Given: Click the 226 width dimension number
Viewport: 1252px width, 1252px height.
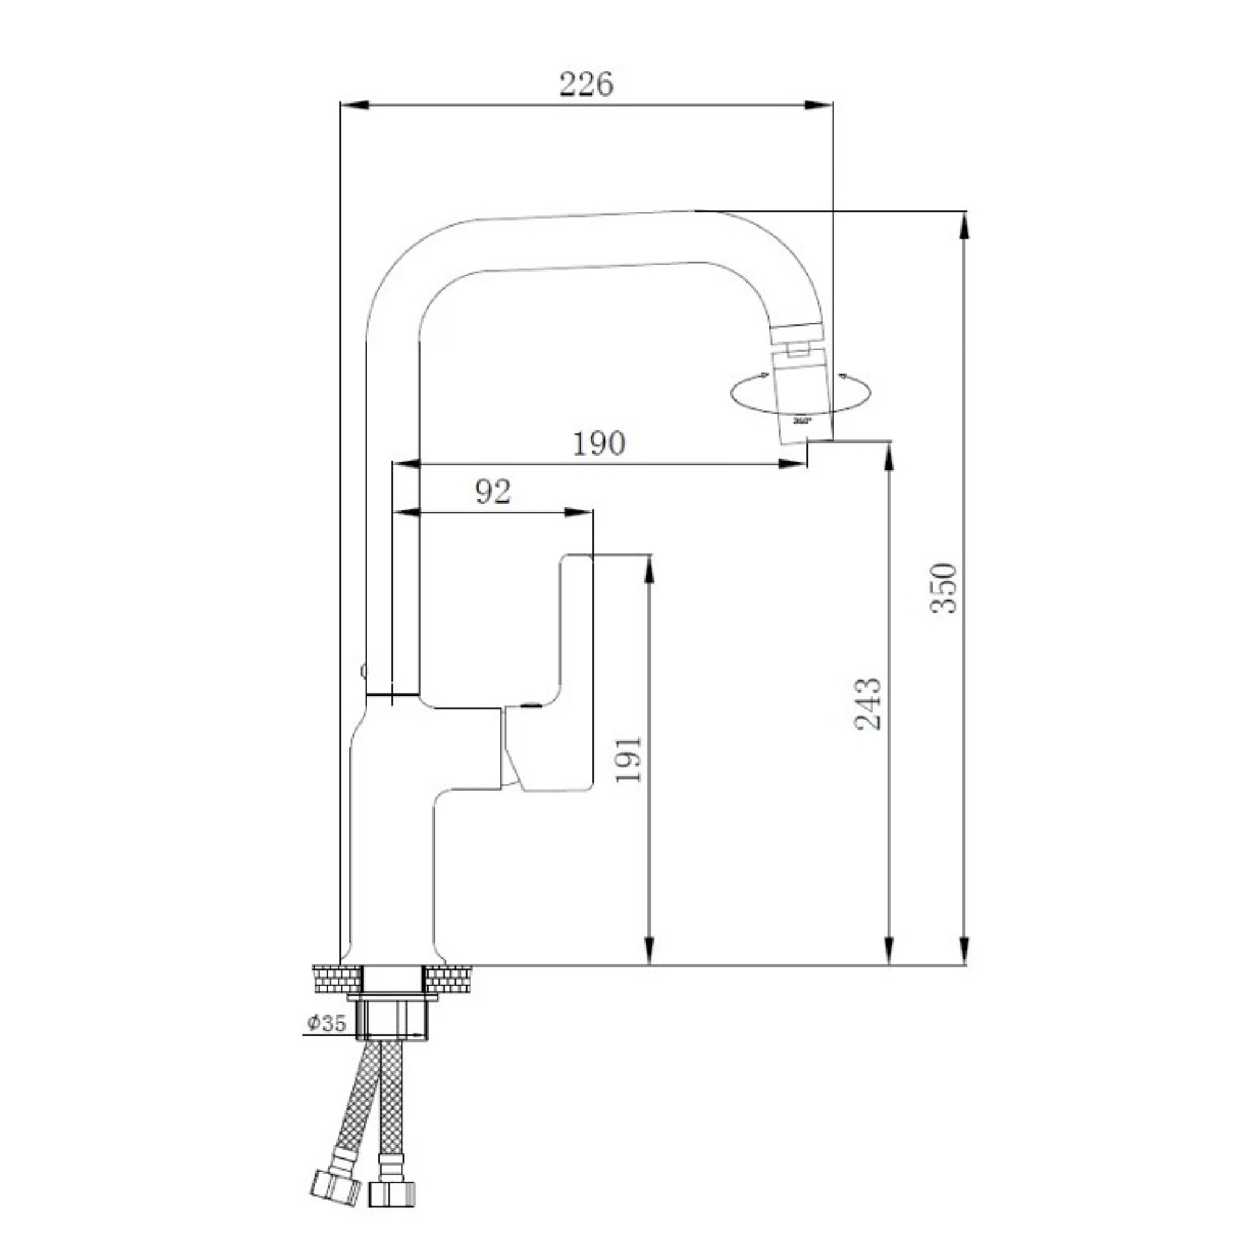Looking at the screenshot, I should pos(586,85).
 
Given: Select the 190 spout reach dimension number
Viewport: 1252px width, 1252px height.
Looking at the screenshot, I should pos(599,443).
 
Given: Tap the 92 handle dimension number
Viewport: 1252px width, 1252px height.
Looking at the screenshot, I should pos(493,492).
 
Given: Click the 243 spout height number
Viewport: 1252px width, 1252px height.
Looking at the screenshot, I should pos(868,705).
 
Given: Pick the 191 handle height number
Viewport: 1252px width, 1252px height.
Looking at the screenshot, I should pos(628,760).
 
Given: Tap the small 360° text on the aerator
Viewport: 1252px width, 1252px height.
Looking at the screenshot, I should pos(802,421).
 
